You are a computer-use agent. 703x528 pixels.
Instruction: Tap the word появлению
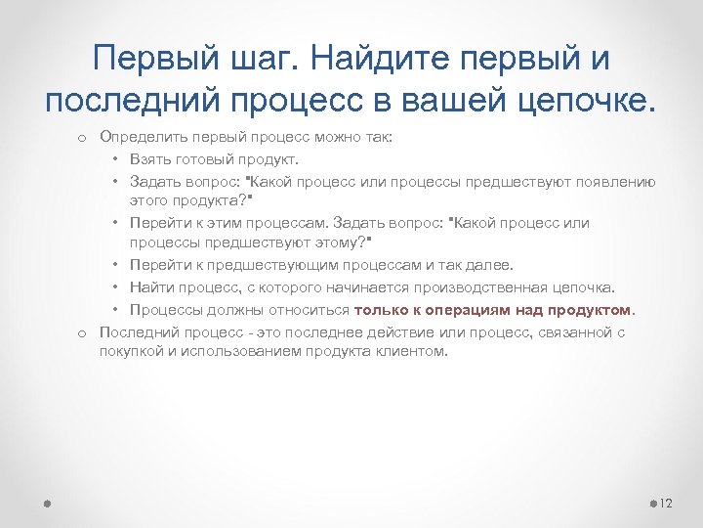(x=614, y=181)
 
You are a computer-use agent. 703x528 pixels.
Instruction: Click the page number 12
(x=667, y=503)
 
